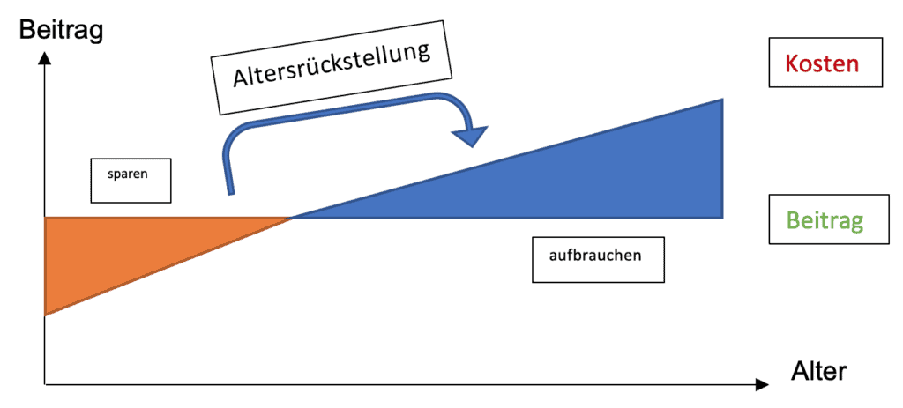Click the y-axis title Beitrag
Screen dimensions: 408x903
point(61,31)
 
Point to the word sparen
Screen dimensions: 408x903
point(130,174)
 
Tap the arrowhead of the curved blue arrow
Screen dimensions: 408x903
point(467,137)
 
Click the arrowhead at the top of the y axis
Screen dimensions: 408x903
point(44,60)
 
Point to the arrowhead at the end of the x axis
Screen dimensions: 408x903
point(761,384)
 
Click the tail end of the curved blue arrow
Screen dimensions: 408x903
point(231,191)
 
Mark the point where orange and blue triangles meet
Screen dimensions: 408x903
point(292,218)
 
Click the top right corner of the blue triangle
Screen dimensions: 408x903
point(722,100)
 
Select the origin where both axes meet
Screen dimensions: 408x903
point(45,384)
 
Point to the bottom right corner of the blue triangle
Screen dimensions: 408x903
point(722,218)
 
